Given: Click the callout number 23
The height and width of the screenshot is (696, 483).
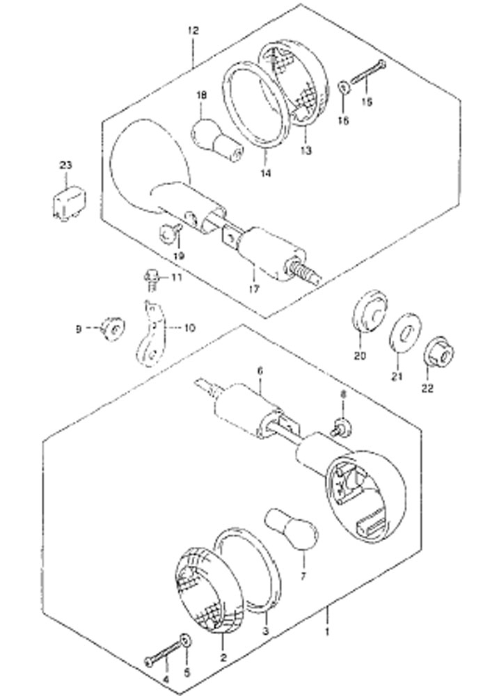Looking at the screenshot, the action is [x=65, y=166].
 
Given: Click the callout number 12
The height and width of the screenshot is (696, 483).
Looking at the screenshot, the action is [x=193, y=31].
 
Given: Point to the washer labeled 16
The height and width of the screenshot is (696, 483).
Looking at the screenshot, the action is [x=344, y=87].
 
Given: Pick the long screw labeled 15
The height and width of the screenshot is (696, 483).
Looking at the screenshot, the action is [x=368, y=73].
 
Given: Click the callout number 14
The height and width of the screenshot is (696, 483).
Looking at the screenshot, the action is [x=265, y=173].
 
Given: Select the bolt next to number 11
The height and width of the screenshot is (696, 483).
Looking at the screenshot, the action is [x=152, y=280].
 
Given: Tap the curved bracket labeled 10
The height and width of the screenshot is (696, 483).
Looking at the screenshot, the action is [x=152, y=334].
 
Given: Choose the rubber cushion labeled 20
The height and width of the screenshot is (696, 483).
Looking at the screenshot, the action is [x=370, y=310].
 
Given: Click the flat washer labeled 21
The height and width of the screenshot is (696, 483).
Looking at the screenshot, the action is [x=406, y=332].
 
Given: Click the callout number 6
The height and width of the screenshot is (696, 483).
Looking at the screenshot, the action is [x=260, y=371].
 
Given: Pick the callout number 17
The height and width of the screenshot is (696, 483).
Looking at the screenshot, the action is [x=253, y=290].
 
